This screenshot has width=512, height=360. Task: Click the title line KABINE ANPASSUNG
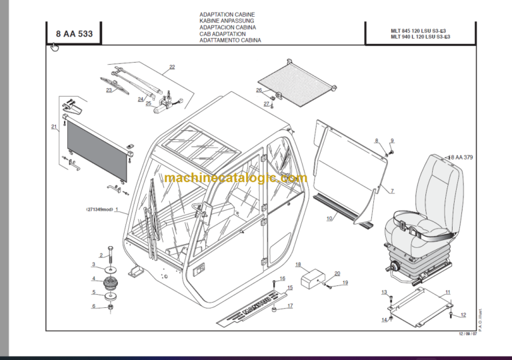(227, 21)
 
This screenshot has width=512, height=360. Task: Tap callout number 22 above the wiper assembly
(172, 67)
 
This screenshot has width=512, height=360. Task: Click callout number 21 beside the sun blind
(54, 126)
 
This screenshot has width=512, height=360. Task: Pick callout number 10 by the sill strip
(329, 218)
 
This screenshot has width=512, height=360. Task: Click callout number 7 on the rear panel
(392, 191)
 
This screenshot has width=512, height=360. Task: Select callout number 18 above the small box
(299, 264)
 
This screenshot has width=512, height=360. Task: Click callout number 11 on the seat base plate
(448, 292)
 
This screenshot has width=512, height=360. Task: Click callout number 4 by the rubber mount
(93, 279)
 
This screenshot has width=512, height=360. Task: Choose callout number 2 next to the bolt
(101, 255)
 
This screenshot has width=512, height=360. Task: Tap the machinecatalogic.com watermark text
(235, 178)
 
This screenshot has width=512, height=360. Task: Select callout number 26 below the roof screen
(259, 90)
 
